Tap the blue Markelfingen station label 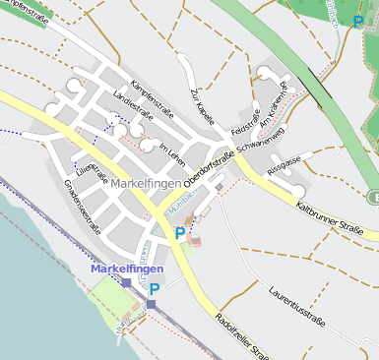(x=127, y=268)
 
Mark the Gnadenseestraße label (x=83, y=207)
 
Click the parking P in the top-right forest (x=356, y=21)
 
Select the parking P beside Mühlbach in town (x=179, y=233)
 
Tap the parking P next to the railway (x=154, y=289)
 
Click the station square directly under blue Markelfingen (x=126, y=283)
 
